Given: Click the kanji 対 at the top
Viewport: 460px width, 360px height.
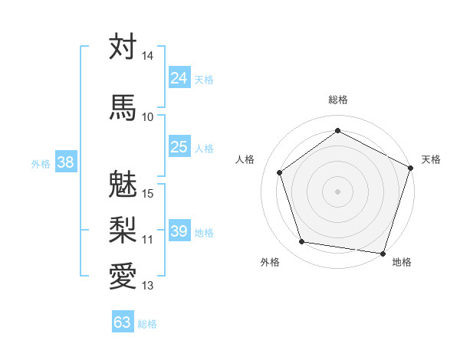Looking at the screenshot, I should pos(123,47).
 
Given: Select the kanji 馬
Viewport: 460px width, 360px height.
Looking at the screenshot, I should pos(123,107).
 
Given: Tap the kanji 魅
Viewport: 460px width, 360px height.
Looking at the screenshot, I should pos(123,185).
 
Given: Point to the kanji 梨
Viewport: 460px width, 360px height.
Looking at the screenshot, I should pos(123,229).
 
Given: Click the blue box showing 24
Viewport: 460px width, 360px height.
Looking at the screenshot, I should pos(179,78).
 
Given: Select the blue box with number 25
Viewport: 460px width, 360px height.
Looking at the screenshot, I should pos(179,147).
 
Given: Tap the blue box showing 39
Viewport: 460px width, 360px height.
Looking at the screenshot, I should pos(179,231).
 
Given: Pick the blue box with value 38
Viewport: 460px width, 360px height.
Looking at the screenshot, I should pos(65,162).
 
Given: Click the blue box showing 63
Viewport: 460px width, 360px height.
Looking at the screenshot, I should pos(123,322).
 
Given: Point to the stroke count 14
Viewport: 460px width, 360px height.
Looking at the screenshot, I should pos(148,56).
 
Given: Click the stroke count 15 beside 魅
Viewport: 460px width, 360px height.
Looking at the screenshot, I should pos(148,193).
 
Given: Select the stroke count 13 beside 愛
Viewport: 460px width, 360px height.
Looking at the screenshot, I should pos(148,286).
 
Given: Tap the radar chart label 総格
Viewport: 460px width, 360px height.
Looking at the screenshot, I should pos(338,100).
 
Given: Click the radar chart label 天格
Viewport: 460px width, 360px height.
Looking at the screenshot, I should pos(431,159).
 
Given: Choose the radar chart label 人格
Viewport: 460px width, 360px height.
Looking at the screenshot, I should pos(245,159).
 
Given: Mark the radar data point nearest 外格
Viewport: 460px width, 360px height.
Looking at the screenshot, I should pos(302,242).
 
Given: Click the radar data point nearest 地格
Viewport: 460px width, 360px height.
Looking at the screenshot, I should pos(383,253).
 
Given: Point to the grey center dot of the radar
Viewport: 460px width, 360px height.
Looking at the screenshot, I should pos(338,191).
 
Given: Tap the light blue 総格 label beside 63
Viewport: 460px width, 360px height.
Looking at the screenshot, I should pos(147,323).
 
